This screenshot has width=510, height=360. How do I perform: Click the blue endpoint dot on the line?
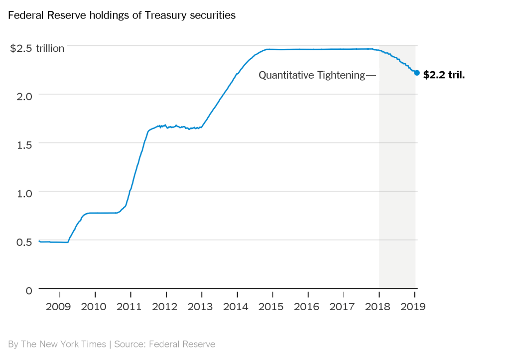(417, 73)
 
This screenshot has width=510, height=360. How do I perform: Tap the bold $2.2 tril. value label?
(444, 75)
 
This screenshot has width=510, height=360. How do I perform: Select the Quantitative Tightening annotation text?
(312, 75)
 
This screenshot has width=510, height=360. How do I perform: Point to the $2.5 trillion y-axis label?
(37, 48)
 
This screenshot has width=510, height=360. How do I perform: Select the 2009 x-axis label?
(59, 306)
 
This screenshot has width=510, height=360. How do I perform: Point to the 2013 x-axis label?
(201, 306)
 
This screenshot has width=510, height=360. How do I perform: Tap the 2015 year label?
(272, 306)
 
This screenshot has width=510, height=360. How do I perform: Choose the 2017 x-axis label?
(343, 306)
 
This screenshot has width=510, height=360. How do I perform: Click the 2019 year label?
(413, 306)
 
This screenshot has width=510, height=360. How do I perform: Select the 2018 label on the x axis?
(379, 306)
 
